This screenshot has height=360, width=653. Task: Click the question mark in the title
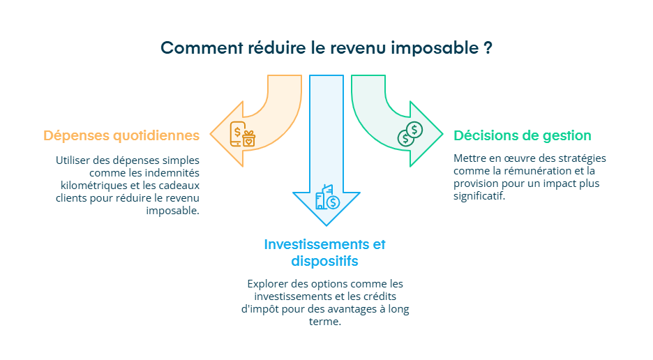pyautogui.click(x=487, y=48)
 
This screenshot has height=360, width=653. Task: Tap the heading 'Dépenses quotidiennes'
pyautogui.click(x=121, y=135)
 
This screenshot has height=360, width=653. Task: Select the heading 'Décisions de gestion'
pyautogui.click(x=522, y=135)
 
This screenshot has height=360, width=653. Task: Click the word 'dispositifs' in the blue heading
pyautogui.click(x=324, y=262)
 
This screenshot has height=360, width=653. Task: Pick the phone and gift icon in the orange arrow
pyautogui.click(x=243, y=134)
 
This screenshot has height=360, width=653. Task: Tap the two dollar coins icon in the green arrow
pyautogui.click(x=410, y=134)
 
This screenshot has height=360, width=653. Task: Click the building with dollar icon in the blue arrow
pyautogui.click(x=326, y=198)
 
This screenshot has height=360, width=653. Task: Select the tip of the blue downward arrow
pyautogui.click(x=326, y=224)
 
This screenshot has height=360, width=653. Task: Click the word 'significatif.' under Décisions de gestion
pyautogui.click(x=479, y=196)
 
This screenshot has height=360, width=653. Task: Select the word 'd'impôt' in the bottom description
pyautogui.click(x=260, y=309)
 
